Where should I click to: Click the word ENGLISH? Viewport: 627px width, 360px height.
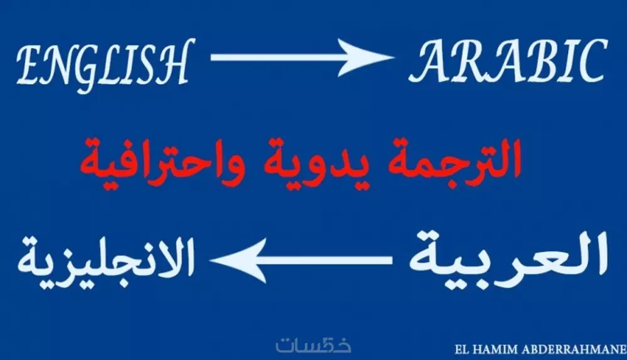pos(102,63)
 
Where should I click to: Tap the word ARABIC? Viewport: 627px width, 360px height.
pos(507,61)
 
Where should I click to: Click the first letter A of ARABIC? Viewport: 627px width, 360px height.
pos(428,61)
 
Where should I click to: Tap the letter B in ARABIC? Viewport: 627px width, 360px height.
pos(535,61)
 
